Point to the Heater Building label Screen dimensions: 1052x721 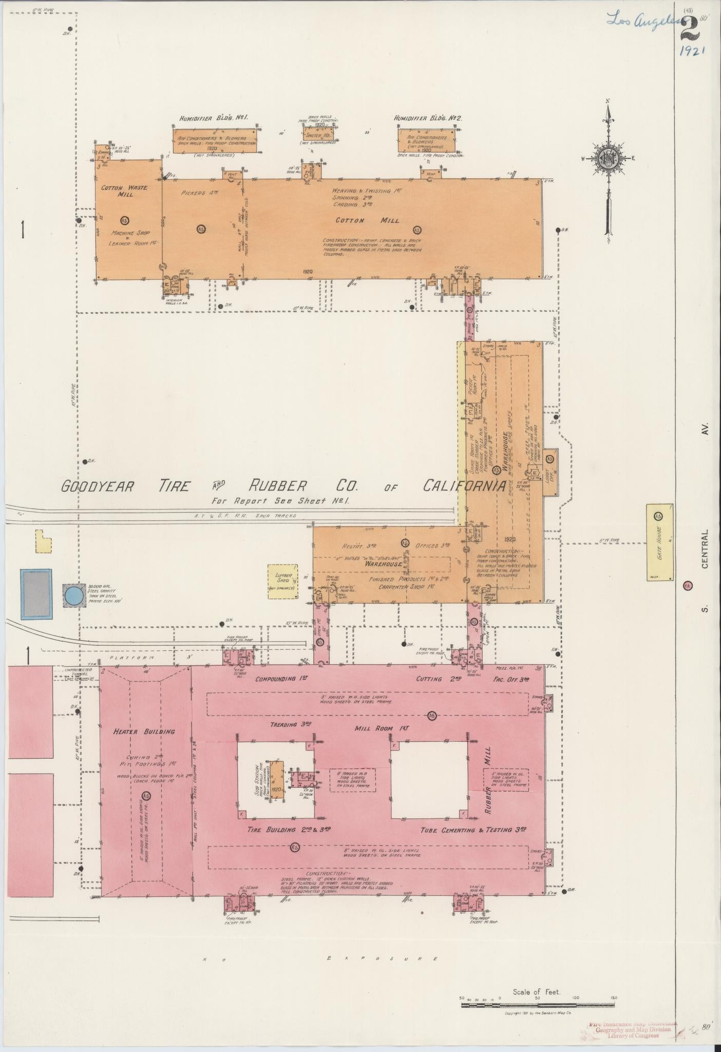coord(144,731)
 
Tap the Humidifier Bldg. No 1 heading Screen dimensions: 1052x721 coord(214,118)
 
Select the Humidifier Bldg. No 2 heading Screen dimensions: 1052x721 coord(428,118)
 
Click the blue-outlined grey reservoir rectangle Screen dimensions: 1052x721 coord(36,593)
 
